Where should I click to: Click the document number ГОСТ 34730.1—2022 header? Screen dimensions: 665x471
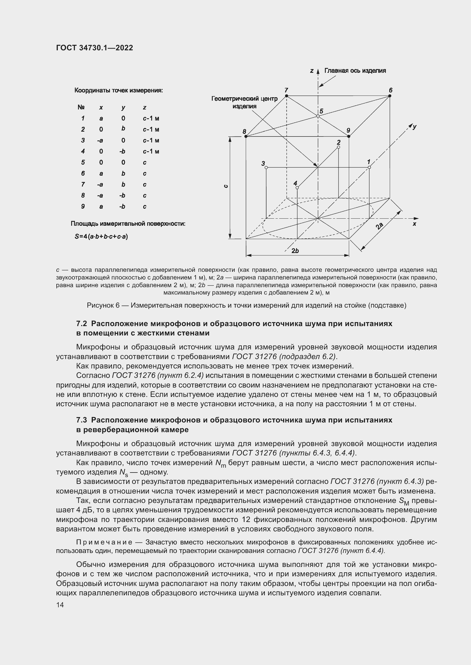[94, 48]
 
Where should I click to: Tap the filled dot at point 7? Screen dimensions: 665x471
[286, 96]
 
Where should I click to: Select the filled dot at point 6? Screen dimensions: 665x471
[390, 96]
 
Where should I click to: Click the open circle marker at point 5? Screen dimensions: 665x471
[318, 116]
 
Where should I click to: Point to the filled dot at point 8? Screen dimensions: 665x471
[245, 136]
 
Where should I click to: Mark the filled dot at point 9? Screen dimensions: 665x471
[349, 136]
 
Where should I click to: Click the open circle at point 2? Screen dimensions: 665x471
[339, 147]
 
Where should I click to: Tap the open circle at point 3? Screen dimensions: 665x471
[266, 167]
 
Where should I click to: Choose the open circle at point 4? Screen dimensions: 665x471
[297, 188]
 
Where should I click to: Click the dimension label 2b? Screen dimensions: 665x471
[295, 251]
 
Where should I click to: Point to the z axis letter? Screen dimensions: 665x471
[312, 71]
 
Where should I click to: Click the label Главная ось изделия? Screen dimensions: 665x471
[355, 71]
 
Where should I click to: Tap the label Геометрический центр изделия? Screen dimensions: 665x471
[245, 102]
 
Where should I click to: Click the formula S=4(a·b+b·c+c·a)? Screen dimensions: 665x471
[101, 237]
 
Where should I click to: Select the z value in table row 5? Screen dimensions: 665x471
[145, 163]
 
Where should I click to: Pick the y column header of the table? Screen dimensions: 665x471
[123, 107]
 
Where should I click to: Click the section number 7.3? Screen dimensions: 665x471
[81, 420]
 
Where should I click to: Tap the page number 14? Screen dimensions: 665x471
[60, 605]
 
